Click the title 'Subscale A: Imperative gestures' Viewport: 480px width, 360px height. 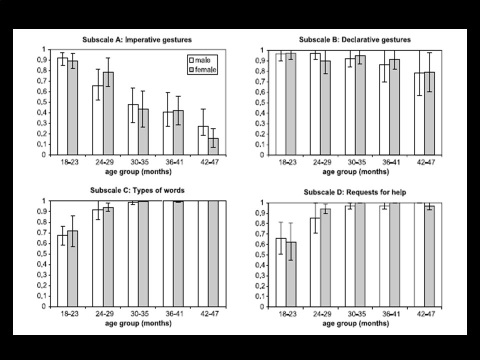tap(137, 40)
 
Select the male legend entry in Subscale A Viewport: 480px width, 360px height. tap(199, 60)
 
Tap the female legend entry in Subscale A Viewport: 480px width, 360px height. tap(202, 70)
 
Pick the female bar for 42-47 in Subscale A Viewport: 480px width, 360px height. tap(213, 146)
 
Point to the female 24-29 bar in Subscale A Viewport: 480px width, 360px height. tap(108, 113)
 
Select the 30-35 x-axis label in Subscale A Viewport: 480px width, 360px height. tap(139, 162)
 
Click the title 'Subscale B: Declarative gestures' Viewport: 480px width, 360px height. tap(355, 40)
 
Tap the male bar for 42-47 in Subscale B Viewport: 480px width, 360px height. tap(419, 114)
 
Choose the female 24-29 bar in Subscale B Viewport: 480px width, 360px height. tap(325, 108)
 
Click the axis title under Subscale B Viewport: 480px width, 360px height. tap(355, 171)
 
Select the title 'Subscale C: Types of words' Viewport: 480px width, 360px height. tap(137, 190)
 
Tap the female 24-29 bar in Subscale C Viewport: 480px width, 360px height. tap(108, 257)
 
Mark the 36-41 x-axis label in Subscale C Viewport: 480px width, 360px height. tap(174, 314)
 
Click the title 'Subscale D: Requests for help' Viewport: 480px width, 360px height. tap(355, 192)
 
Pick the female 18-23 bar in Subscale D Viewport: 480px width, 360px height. tap(291, 274)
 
